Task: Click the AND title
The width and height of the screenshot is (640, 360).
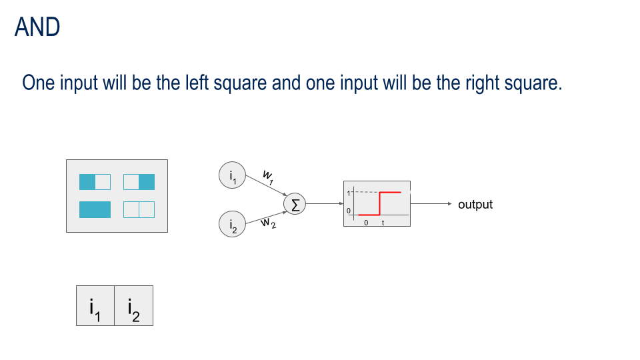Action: [x=37, y=27]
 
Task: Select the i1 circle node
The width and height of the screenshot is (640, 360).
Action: [x=232, y=175]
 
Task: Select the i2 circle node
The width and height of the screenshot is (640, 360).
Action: [x=232, y=225]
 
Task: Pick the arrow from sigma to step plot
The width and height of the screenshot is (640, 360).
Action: [x=325, y=204]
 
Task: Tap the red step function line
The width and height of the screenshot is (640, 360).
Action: [x=380, y=203]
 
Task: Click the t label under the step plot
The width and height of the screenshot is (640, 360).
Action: [x=383, y=223]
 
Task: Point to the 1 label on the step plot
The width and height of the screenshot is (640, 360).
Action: [x=348, y=193]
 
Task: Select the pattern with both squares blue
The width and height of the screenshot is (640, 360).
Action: [x=95, y=209]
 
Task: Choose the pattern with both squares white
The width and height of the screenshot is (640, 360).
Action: [x=139, y=209]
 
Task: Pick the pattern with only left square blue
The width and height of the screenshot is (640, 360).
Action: [x=95, y=182]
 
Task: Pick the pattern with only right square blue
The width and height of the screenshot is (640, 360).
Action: [x=139, y=182]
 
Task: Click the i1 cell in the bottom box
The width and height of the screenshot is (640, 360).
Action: [x=95, y=306]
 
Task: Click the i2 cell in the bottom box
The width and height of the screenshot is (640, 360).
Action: [x=133, y=306]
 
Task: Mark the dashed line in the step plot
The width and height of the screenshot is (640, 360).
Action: [x=365, y=192]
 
